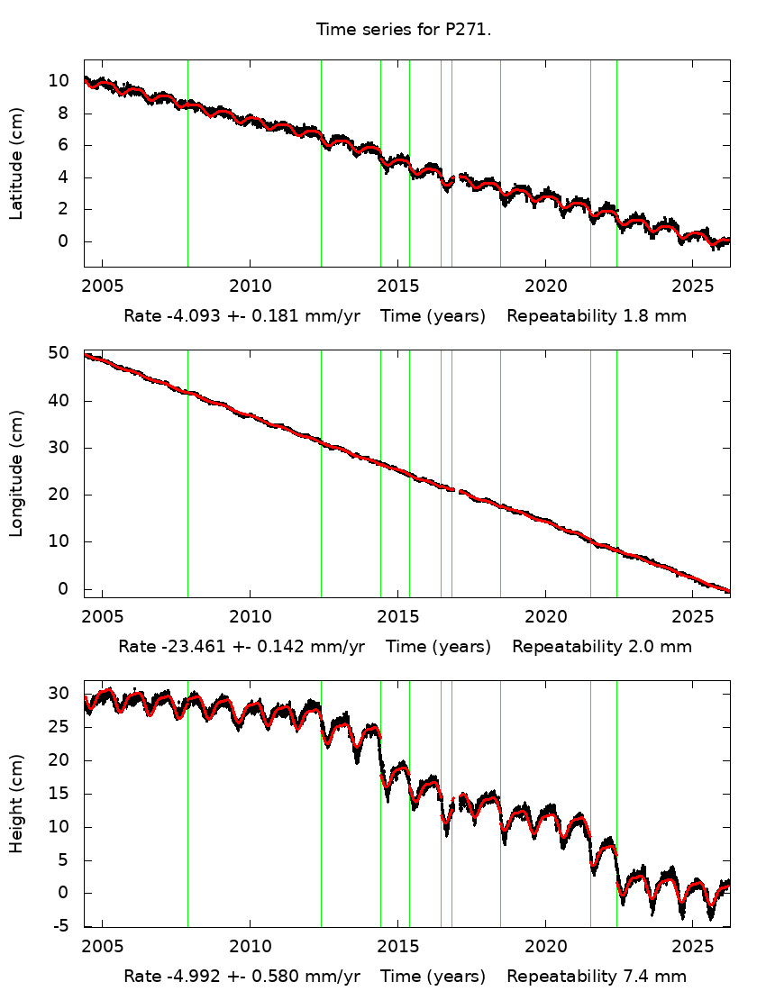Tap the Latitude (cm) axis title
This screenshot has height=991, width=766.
click(16, 163)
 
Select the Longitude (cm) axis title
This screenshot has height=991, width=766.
click(16, 473)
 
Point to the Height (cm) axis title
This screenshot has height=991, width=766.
click(16, 804)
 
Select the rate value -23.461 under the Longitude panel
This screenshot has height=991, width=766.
click(186, 647)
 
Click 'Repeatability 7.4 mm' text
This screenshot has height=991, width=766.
click(596, 977)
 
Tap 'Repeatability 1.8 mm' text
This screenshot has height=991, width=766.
click(596, 316)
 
